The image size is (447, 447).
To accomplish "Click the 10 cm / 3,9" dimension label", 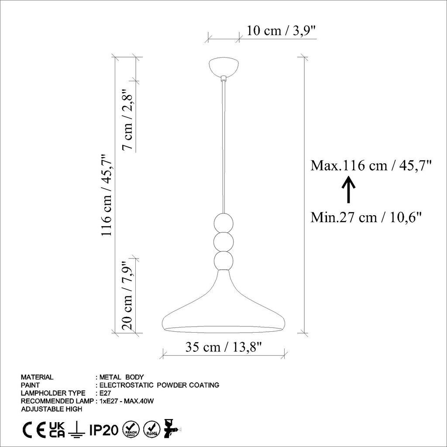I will coord(281,31).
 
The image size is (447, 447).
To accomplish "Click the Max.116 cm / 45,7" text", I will coord(371,165).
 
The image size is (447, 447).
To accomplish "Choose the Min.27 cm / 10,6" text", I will coord(366,217).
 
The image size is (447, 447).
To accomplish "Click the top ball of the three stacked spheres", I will coord(223,222).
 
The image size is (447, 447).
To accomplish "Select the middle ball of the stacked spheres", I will coord(223,241).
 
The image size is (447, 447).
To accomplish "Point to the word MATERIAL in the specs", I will coord(37,377).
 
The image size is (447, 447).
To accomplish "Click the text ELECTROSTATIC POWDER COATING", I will coord(159,385).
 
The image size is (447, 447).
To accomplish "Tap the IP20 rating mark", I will coord(103,430).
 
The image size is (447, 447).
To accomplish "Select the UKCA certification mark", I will coord(57,430).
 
